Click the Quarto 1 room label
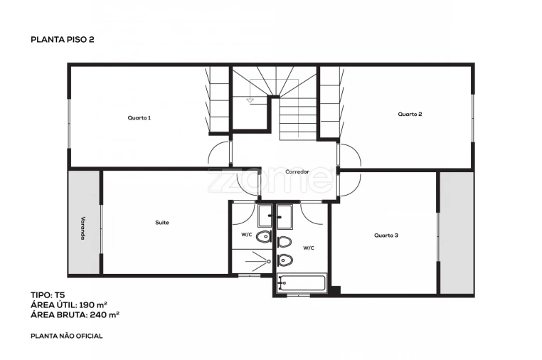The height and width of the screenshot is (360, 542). click(x=139, y=118)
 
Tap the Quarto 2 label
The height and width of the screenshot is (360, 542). click(x=410, y=114)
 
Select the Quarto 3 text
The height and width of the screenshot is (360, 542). click(x=386, y=235)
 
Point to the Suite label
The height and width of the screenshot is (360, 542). click(x=162, y=223)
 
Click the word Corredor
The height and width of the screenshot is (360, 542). click(x=297, y=172)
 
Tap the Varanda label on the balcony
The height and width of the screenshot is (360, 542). click(x=83, y=228)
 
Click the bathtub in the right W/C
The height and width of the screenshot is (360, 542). click(x=301, y=283)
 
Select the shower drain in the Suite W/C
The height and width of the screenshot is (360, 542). click(x=269, y=262)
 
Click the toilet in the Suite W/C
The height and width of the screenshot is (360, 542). click(x=263, y=237)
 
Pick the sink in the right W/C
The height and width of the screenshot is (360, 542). click(x=285, y=217)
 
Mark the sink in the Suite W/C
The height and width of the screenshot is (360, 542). click(x=265, y=216)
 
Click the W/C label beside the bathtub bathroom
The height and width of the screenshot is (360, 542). click(x=309, y=248)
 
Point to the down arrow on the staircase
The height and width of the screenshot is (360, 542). click(x=250, y=100)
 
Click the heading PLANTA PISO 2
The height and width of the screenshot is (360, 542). click(x=63, y=40)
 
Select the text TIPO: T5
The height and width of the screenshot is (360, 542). click(x=48, y=295)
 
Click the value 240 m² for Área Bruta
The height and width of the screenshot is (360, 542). click(x=105, y=314)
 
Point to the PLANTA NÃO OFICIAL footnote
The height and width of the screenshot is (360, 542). click(x=67, y=336)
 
